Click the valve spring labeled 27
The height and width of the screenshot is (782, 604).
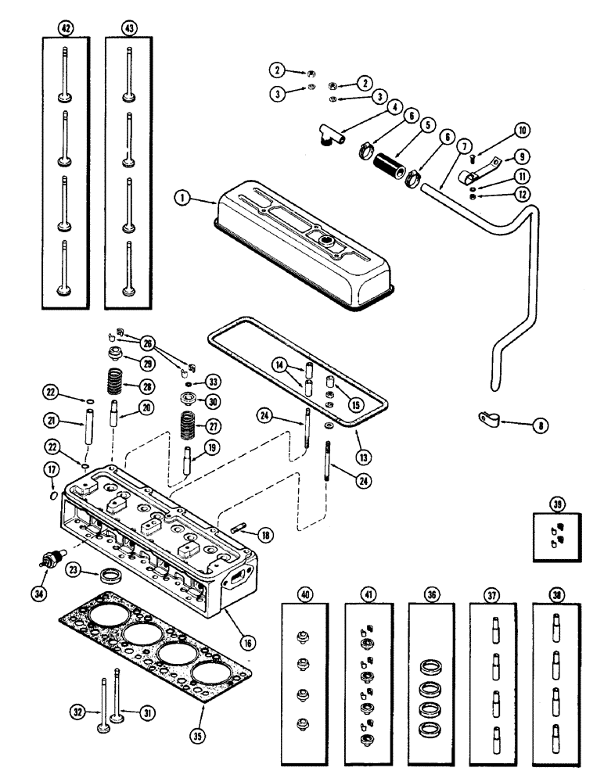189,427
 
